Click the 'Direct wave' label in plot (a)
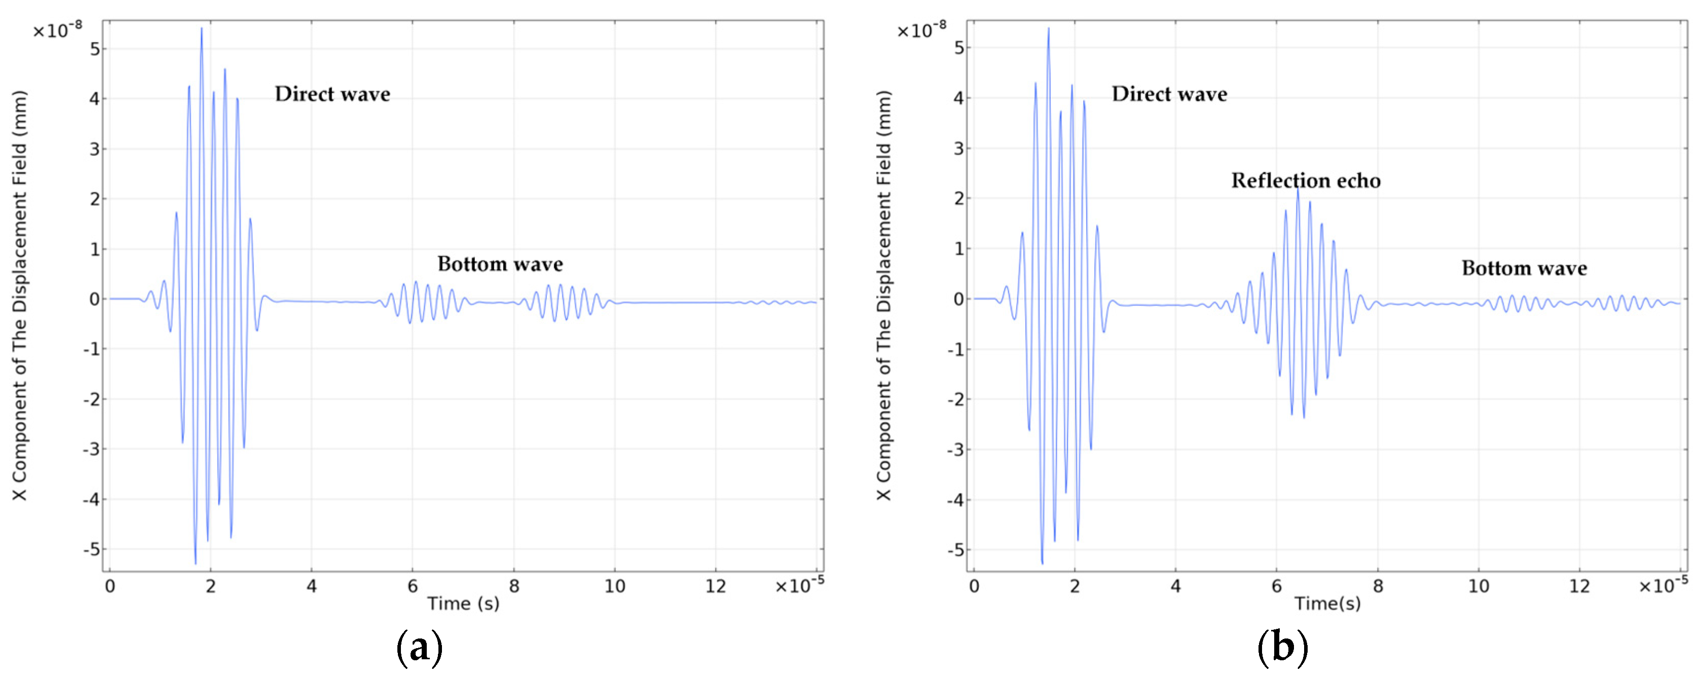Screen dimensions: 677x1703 click(332, 94)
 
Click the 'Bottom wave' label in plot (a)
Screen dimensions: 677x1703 click(500, 264)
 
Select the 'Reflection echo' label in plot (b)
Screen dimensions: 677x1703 click(1305, 180)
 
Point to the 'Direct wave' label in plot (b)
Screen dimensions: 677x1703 click(1169, 94)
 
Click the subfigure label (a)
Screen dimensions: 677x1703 click(419, 647)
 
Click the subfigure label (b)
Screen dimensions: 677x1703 click(1282, 647)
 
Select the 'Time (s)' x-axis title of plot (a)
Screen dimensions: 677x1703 click(463, 603)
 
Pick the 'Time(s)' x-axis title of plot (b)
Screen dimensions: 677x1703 click(1327, 603)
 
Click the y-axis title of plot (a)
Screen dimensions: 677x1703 click(19, 295)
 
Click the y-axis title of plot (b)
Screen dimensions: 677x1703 click(883, 295)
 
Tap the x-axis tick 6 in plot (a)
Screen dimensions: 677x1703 click(413, 586)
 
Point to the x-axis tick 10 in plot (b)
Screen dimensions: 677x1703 click(1478, 586)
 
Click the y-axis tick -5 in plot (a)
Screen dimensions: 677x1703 click(91, 549)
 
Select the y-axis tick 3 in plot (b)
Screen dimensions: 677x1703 click(958, 149)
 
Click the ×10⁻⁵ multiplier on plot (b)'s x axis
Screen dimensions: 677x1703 click(1662, 584)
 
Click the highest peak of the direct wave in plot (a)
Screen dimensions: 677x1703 click(202, 29)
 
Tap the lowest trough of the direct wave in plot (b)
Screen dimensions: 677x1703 click(1042, 562)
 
